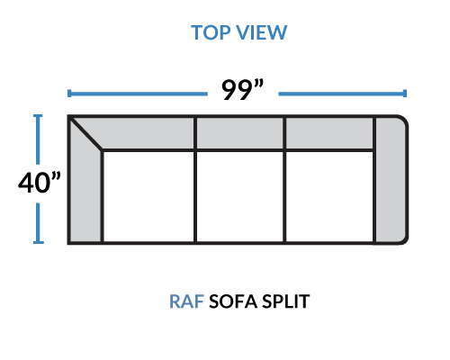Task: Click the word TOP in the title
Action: click(x=211, y=32)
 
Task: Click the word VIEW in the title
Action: click(x=261, y=32)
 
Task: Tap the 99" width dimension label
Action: click(x=242, y=89)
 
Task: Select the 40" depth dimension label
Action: click(x=40, y=182)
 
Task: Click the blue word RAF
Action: click(x=186, y=301)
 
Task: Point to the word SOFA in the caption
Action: click(x=233, y=301)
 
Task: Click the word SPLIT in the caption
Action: click(x=285, y=301)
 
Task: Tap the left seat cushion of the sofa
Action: click(x=148, y=196)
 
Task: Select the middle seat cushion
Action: click(x=239, y=196)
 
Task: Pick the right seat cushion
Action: click(x=329, y=196)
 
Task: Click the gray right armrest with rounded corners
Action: click(x=391, y=179)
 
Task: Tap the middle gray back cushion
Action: click(x=239, y=133)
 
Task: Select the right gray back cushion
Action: click(x=329, y=133)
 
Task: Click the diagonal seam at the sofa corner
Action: click(x=85, y=133)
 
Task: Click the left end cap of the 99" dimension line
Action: click(x=69, y=94)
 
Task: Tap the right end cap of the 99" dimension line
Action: click(x=405, y=94)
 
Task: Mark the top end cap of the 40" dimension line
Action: click(x=38, y=116)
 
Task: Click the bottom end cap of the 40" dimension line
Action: click(x=39, y=242)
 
